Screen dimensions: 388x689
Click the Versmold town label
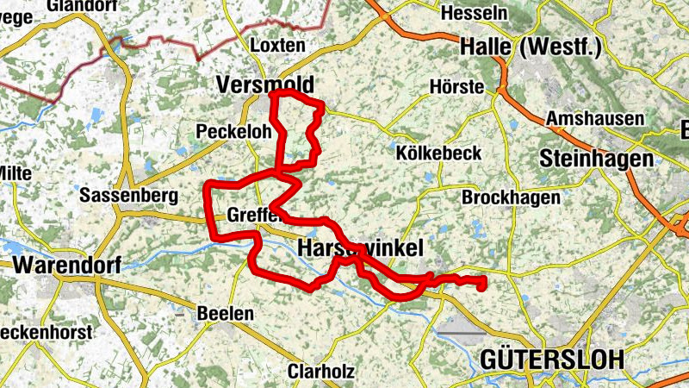tap(264, 84)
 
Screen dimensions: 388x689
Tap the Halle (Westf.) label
tap(531, 47)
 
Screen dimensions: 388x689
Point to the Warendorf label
tap(66, 263)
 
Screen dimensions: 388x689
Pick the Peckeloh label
tap(233, 132)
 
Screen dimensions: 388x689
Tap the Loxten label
tap(276, 46)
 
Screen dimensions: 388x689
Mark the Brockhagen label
tap(511, 197)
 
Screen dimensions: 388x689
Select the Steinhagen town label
tap(595, 158)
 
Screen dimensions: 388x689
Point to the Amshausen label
tap(595, 119)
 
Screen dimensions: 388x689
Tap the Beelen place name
tap(226, 313)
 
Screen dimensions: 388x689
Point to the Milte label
tap(15, 173)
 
